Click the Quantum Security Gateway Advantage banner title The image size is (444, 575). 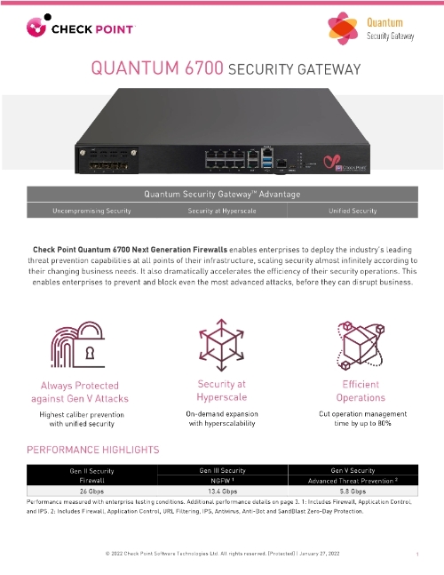(221, 193)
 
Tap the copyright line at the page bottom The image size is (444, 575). (221, 554)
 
